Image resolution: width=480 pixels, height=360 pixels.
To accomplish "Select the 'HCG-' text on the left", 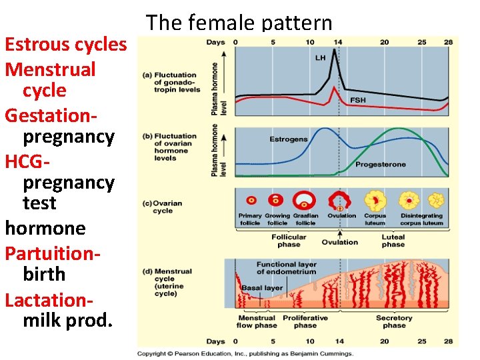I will (27, 161).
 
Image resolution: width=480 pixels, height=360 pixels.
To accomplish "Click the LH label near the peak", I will (321, 58).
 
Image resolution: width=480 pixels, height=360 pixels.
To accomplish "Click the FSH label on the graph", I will (358, 100).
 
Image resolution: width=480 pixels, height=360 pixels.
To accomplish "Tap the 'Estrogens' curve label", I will (289, 139).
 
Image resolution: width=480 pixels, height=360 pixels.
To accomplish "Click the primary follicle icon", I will (252, 200).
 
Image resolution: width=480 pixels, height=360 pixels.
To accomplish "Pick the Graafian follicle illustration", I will (306, 200).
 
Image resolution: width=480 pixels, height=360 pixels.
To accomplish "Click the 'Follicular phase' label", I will (289, 241).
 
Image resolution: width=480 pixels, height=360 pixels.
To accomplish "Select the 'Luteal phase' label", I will (393, 241).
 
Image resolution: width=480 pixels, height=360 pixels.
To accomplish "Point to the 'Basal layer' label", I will (263, 288).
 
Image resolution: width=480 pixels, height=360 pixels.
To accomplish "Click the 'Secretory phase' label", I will (394, 321).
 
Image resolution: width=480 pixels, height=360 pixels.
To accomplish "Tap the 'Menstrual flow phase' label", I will (257, 321).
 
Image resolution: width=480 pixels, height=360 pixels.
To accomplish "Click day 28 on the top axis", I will (448, 42).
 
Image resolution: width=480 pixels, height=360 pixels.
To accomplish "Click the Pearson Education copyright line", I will (245, 353).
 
